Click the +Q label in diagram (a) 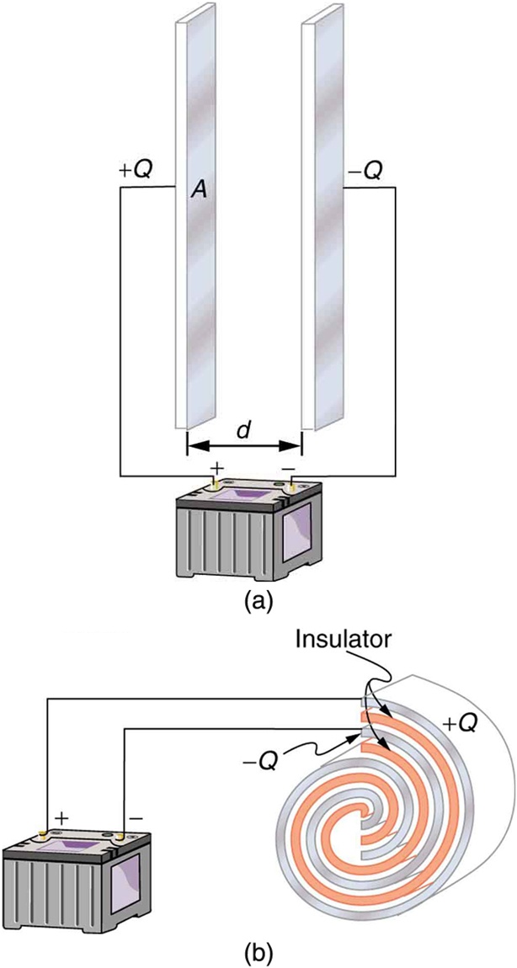(x=135, y=171)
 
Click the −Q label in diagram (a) (x=365, y=171)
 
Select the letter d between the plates (x=243, y=429)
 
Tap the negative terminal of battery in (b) (x=119, y=833)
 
